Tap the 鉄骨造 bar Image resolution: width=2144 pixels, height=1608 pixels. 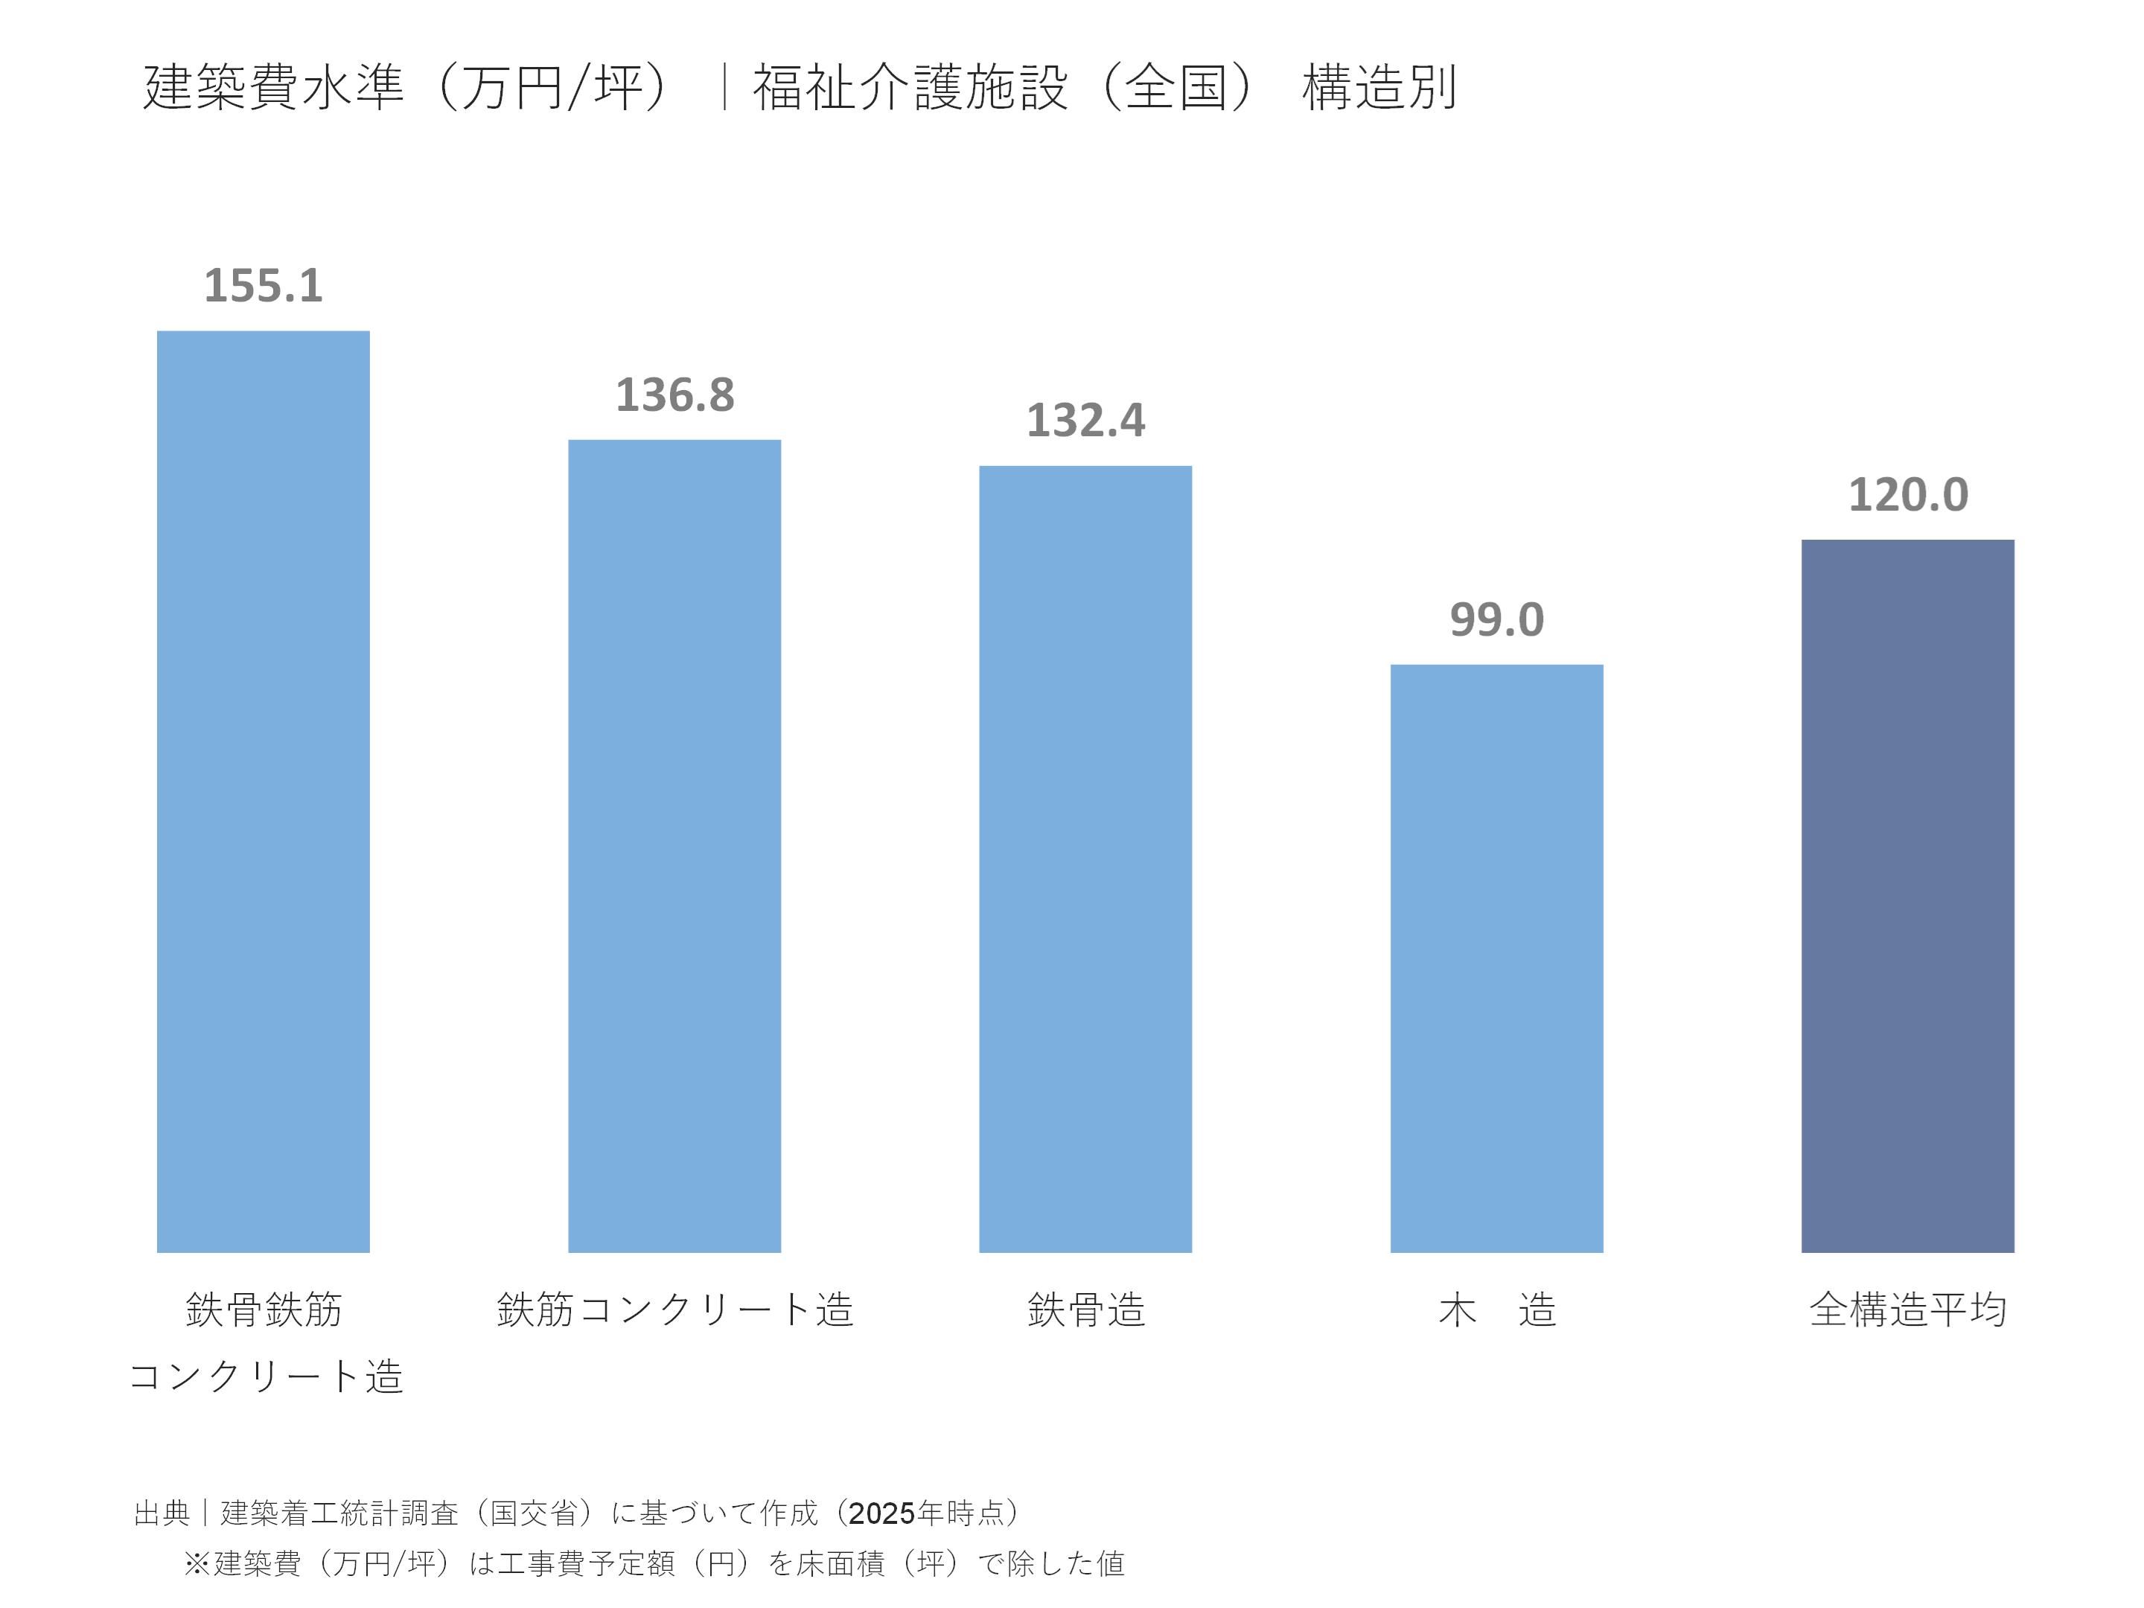[x=1085, y=859]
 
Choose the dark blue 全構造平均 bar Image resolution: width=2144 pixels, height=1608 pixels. [x=1907, y=896]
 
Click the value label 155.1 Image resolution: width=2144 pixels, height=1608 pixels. [x=263, y=286]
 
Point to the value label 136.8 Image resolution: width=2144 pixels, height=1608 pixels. [x=674, y=395]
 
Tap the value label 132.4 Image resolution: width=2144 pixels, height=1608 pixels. [x=1085, y=421]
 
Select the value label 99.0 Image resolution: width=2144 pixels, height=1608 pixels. [x=1496, y=620]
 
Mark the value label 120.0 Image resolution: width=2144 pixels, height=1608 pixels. [x=1907, y=495]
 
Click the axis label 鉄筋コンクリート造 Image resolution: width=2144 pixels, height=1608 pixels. [x=674, y=1309]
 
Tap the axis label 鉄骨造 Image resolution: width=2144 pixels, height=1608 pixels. [x=1085, y=1309]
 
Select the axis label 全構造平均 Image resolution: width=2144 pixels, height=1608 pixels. [x=1907, y=1309]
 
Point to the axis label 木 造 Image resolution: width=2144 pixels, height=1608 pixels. [x=1496, y=1309]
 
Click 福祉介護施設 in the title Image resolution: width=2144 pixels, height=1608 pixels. [x=910, y=87]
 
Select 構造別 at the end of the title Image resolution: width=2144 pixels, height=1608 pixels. [x=1378, y=87]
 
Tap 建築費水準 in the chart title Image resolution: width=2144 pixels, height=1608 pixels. [x=273, y=87]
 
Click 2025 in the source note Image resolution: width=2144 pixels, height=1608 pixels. [x=881, y=1513]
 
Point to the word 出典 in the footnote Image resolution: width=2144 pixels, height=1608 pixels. [x=162, y=1513]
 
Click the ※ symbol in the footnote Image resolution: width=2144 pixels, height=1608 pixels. [x=197, y=1563]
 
